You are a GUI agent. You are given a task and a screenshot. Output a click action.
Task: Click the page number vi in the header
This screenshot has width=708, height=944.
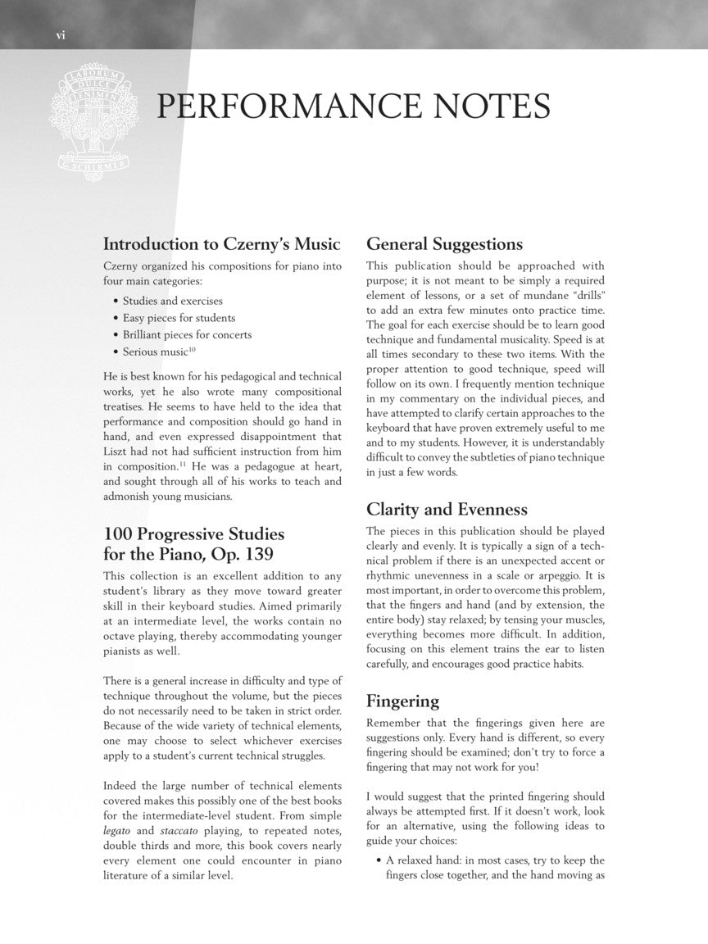pos(60,34)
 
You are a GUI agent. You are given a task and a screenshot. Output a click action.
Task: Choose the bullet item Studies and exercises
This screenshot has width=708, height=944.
pos(172,301)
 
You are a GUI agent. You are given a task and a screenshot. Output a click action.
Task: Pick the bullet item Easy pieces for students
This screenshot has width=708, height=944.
pos(179,318)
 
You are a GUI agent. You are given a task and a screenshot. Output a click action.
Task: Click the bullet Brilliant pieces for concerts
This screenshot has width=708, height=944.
pos(187,334)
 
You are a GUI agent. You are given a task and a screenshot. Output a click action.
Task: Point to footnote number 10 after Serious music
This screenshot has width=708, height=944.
pos(192,349)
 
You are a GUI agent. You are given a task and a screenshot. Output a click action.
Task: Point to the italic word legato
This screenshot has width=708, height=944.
pos(118,828)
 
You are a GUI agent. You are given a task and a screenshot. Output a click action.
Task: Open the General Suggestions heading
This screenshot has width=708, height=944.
pos(444,244)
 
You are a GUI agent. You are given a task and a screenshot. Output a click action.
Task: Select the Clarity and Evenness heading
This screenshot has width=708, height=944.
pos(447,510)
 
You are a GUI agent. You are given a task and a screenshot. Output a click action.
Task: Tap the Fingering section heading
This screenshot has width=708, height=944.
pos(402,701)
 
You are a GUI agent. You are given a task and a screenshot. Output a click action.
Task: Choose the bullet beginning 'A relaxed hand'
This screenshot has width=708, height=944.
pos(495,860)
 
